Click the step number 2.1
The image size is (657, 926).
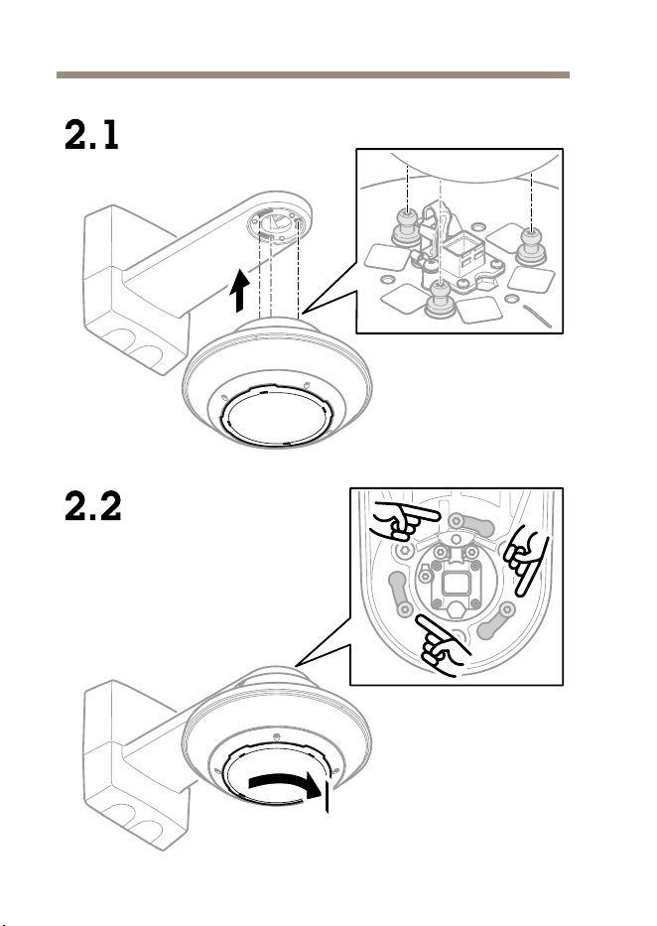(91, 135)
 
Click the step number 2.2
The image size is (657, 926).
(92, 506)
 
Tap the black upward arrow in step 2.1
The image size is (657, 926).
(239, 290)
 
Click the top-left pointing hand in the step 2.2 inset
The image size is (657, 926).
(404, 521)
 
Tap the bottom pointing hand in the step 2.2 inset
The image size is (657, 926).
(443, 645)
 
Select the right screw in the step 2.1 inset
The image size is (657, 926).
(531, 246)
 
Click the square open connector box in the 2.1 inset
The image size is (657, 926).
(463, 255)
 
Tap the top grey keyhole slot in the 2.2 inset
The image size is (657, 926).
(469, 524)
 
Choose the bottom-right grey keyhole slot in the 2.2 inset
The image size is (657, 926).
(496, 621)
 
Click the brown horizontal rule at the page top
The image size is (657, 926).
(313, 75)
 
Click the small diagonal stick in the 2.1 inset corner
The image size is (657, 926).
(537, 316)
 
